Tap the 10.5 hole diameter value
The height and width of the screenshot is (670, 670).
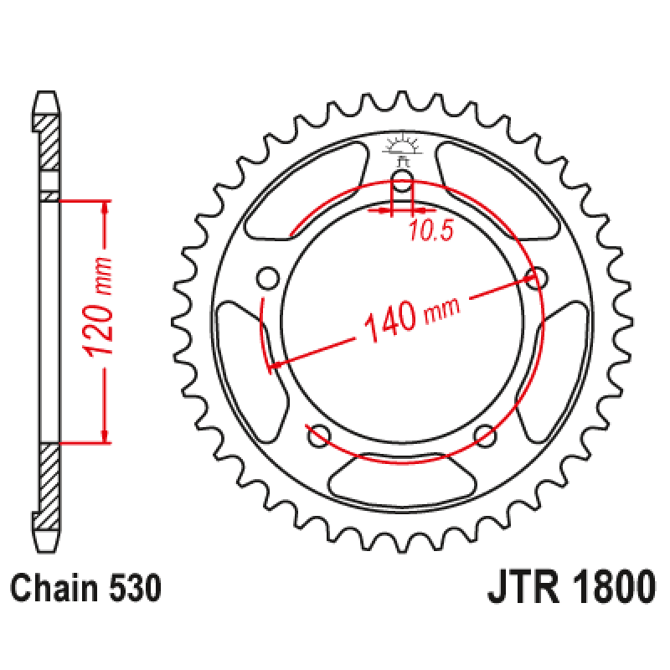[x=431, y=232]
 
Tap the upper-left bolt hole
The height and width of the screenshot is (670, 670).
[x=268, y=276]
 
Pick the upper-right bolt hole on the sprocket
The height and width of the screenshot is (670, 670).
[x=536, y=276]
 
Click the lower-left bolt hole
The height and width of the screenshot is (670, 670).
[x=318, y=435]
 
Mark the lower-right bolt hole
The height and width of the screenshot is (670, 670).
[x=485, y=435]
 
